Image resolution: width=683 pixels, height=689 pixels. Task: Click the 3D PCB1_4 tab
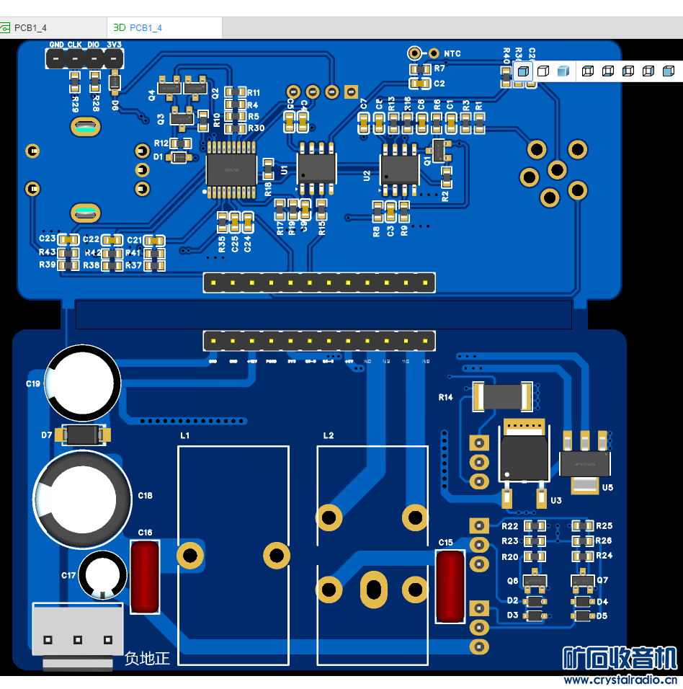pos(138,27)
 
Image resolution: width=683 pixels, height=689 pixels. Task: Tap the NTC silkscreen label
pos(452,53)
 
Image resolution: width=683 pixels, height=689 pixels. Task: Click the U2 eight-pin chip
pos(400,169)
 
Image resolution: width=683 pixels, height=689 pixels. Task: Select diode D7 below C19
pos(85,435)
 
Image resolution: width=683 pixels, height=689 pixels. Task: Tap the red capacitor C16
pos(146,577)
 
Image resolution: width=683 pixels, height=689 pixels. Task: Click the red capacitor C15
pos(451,585)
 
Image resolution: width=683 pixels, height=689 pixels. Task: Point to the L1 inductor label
pos(185,436)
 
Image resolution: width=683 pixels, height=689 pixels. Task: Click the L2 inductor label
pos(329,436)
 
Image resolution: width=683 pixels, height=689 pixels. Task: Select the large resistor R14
pos(504,396)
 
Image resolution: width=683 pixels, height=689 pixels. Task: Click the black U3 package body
pos(524,457)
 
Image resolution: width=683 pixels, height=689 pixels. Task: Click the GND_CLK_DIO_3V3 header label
pos(86,45)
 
